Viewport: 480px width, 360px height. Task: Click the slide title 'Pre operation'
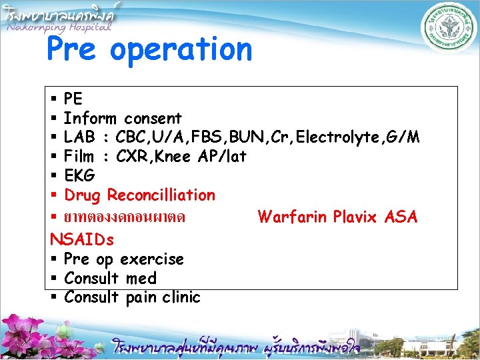pyautogui.click(x=149, y=50)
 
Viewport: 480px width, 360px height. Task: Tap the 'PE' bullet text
pyautogui.click(x=73, y=99)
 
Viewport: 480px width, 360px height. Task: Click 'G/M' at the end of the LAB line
pyautogui.click(x=403, y=138)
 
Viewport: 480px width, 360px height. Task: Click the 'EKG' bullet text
pyautogui.click(x=79, y=176)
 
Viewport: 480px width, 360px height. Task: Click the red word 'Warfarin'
pyautogui.click(x=292, y=217)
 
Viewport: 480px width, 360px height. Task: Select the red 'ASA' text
pyautogui.click(x=401, y=217)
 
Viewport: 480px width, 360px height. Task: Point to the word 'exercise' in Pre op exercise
pyautogui.click(x=153, y=259)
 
